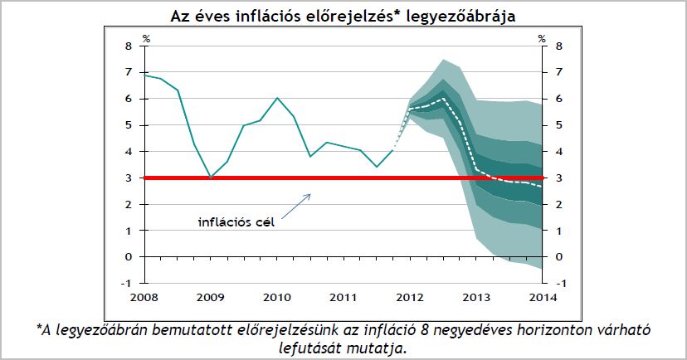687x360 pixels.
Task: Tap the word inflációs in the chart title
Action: coord(251,16)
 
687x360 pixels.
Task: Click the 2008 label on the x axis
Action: coord(144,297)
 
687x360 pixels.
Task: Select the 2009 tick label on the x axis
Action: coord(211,297)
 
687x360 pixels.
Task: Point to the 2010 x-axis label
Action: coord(277,297)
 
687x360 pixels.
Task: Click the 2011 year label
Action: coord(343,297)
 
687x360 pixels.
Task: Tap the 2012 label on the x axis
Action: coord(409,297)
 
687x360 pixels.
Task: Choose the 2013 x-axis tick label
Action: coord(475,297)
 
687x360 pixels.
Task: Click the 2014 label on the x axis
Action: coord(542,297)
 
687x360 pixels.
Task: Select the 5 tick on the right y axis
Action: coord(558,125)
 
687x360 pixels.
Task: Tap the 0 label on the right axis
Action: coord(558,257)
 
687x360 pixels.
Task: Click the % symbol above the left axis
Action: coord(147,37)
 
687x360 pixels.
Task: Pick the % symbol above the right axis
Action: coord(541,37)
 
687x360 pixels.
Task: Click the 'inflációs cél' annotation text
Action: coord(236,221)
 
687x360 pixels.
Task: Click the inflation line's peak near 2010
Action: coord(277,98)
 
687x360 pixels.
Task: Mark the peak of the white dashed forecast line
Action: coord(443,98)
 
